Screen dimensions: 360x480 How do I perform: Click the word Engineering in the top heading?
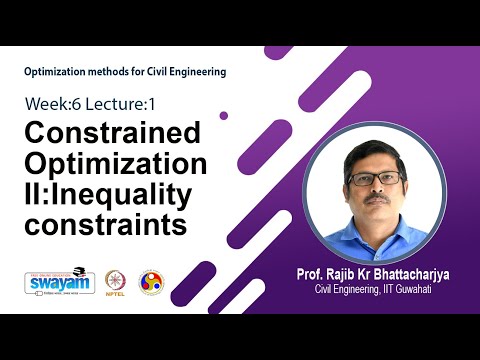(x=198, y=72)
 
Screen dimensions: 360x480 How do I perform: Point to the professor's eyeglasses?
(x=375, y=179)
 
